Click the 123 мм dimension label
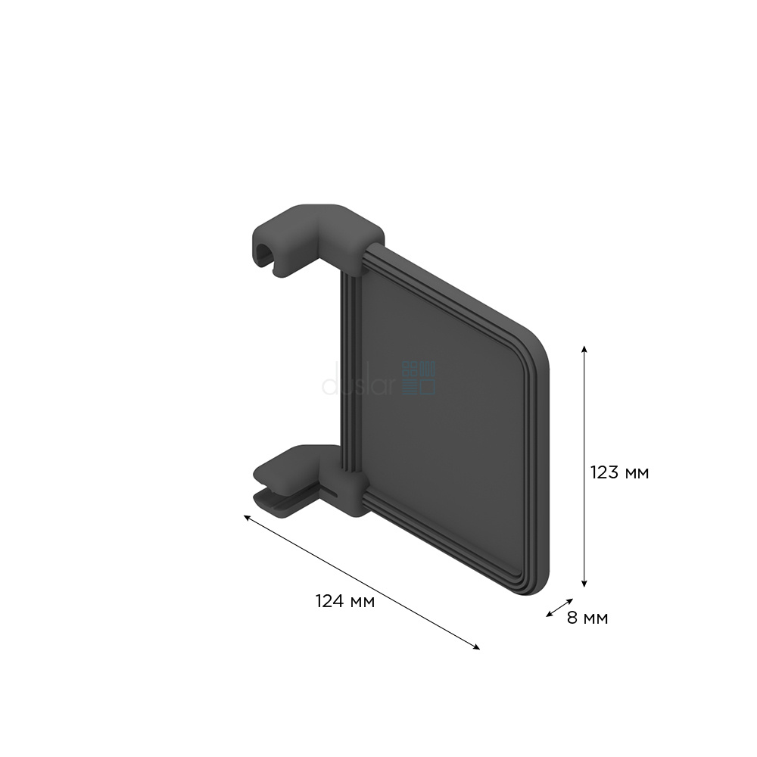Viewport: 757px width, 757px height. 619,472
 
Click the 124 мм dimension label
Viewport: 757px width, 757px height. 345,602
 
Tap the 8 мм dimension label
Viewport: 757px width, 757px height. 587,618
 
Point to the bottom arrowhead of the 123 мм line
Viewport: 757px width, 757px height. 584,584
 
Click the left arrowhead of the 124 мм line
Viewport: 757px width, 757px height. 246,517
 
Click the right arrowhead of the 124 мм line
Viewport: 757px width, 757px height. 477,647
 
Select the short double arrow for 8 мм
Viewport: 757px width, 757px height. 559,607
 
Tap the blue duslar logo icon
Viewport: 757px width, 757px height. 419,378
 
